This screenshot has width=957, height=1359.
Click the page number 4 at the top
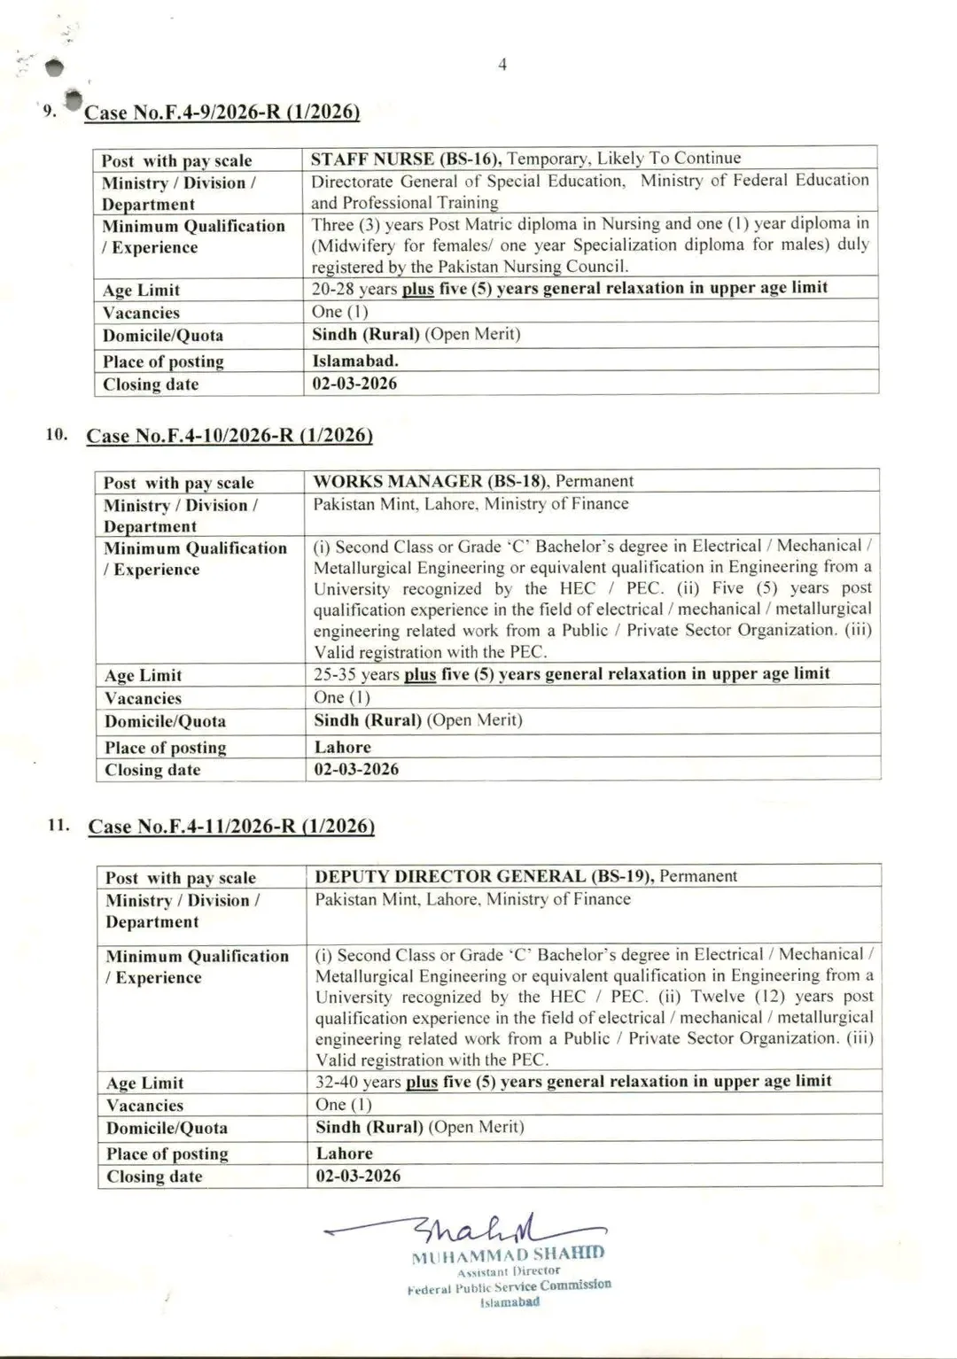[502, 65]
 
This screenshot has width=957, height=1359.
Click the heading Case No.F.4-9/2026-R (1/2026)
[222, 113]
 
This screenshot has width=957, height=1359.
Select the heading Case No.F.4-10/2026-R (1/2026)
[229, 436]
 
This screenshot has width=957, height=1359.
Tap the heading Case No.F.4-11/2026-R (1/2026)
[230, 827]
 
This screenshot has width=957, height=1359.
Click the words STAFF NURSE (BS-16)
[406, 159]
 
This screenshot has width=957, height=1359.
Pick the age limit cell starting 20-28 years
[569, 288]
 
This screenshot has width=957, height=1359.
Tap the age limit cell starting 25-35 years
[571, 674]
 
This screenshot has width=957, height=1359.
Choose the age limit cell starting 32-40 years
[572, 1082]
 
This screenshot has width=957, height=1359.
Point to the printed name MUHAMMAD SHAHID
[508, 1254]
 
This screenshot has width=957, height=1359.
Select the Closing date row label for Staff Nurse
[151, 384]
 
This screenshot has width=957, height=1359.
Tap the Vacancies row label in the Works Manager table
[143, 698]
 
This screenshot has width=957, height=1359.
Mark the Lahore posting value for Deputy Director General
[344, 1153]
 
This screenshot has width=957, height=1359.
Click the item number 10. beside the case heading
[58, 434]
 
